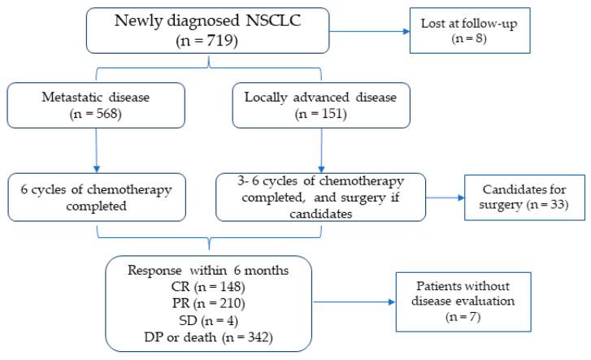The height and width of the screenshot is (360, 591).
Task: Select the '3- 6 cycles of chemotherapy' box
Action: [x=319, y=197]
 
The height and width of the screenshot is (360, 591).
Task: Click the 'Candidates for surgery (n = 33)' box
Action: [x=515, y=197]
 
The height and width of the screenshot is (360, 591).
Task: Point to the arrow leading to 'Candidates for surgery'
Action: [x=444, y=197]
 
